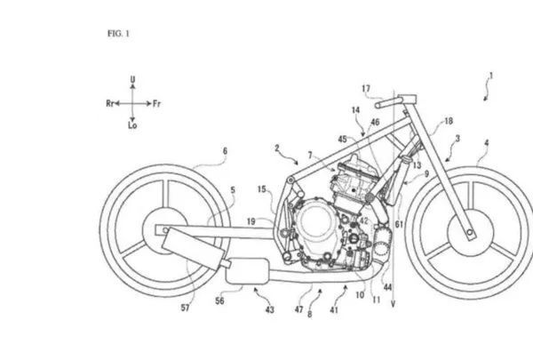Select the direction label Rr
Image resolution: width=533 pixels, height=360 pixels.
pyautogui.click(x=111, y=103)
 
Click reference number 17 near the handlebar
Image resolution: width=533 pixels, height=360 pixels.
pyautogui.click(x=365, y=87)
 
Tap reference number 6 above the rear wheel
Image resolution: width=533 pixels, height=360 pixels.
pyautogui.click(x=225, y=151)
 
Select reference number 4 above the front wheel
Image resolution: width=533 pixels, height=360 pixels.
pyautogui.click(x=486, y=142)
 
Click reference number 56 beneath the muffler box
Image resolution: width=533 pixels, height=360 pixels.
pyautogui.click(x=219, y=302)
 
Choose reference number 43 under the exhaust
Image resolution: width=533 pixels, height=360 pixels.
pyautogui.click(x=269, y=309)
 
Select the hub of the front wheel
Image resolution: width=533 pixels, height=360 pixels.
pyautogui.click(x=468, y=234)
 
